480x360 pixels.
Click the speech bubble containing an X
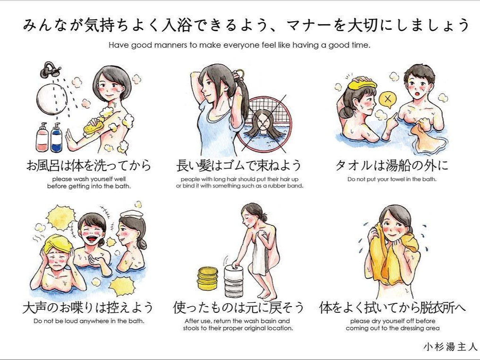click(387, 100)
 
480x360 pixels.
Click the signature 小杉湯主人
click(450, 346)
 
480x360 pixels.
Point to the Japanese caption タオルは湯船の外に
click(392, 166)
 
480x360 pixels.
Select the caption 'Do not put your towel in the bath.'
click(392, 180)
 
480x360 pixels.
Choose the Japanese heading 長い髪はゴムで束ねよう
click(239, 166)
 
